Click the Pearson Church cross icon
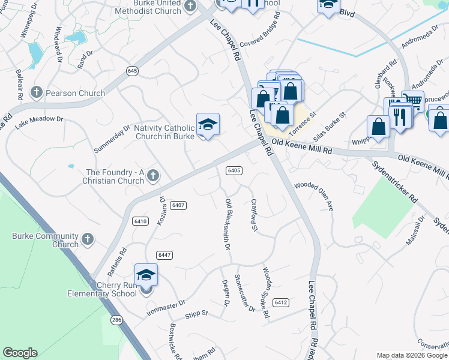[x=36, y=92]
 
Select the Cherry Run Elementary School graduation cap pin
[x=146, y=275]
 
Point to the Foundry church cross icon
[x=153, y=176]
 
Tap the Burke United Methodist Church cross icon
[x=190, y=7]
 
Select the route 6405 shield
[x=234, y=170]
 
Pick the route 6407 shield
[x=178, y=205]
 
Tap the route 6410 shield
[x=140, y=221]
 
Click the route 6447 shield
[x=166, y=255]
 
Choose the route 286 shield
[x=116, y=320]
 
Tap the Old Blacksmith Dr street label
[x=228, y=224]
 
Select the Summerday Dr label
[x=112, y=139]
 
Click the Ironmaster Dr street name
[x=166, y=309]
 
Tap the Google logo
[x=20, y=353]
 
